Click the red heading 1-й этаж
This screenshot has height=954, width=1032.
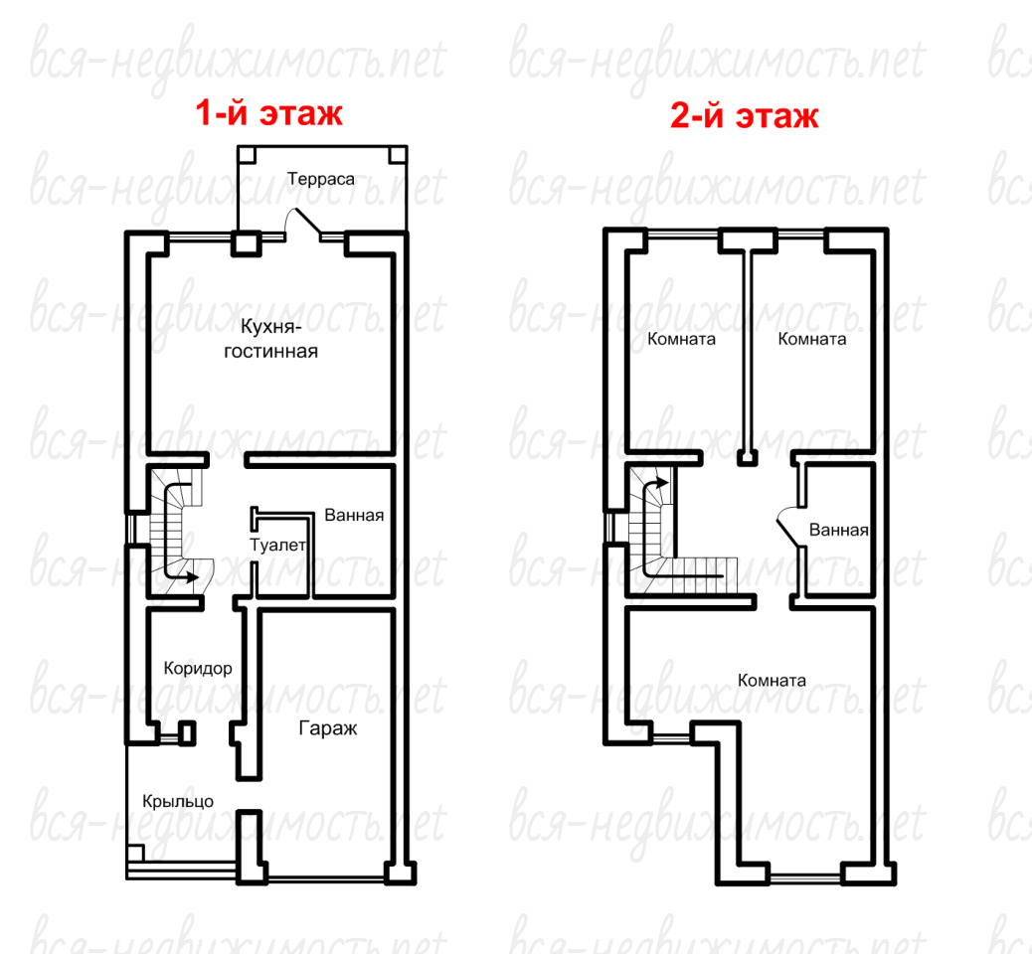(x=268, y=112)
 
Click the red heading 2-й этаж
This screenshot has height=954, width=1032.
(x=745, y=115)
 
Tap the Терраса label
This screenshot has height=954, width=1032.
(x=320, y=179)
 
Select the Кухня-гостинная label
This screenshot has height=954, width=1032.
(x=270, y=339)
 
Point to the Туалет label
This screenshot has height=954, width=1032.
(x=277, y=545)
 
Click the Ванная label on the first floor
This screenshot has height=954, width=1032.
(x=354, y=515)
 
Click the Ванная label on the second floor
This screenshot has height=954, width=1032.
(x=838, y=531)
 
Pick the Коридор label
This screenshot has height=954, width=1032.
(x=198, y=669)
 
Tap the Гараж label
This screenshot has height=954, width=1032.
(x=328, y=729)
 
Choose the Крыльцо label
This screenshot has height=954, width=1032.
(x=178, y=801)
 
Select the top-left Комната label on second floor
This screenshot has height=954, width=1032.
(x=681, y=340)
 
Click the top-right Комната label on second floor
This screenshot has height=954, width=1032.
(x=812, y=340)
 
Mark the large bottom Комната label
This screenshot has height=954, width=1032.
(x=773, y=681)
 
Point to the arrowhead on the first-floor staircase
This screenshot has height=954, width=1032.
(x=192, y=577)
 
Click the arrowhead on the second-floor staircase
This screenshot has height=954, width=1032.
(x=662, y=483)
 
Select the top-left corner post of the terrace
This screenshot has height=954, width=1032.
(x=247, y=155)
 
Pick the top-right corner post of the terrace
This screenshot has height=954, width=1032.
(x=399, y=155)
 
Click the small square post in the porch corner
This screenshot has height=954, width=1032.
(x=135, y=852)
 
